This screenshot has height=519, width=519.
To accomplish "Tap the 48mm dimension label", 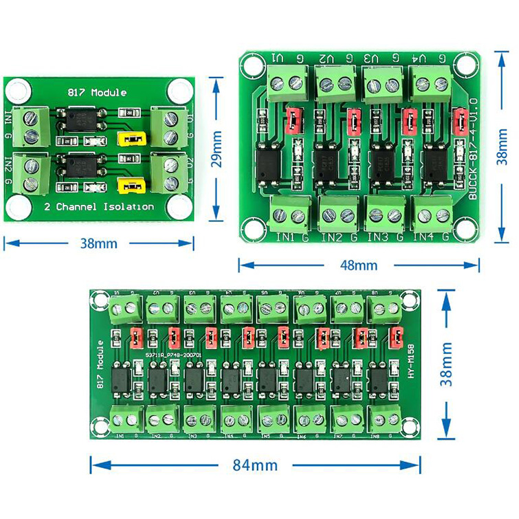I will point(358,265).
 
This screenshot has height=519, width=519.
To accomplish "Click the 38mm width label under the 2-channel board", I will point(99,243).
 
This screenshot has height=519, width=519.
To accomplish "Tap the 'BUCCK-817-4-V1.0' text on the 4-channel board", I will point(473,149).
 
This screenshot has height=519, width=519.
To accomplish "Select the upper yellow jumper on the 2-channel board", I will point(131,140).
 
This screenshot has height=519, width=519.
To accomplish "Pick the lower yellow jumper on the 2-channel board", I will point(130,186).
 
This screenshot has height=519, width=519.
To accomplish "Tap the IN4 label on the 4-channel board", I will point(423,236).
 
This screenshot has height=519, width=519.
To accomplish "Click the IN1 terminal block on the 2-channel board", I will point(33,126).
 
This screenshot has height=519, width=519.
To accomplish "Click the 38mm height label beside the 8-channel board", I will point(446,364).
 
